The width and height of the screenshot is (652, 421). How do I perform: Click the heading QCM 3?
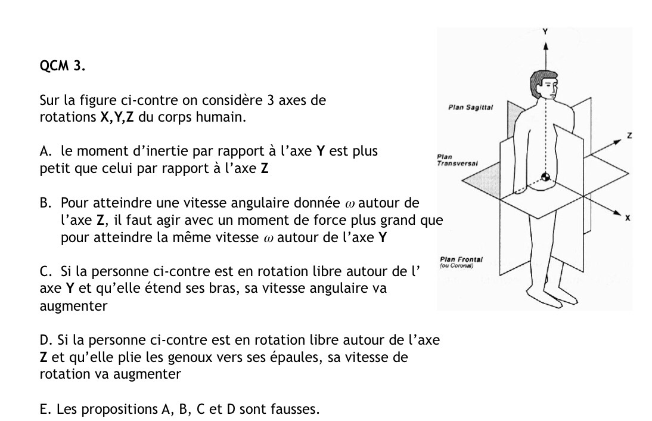tap(62, 66)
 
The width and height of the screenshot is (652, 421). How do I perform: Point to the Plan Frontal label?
tap(461, 260)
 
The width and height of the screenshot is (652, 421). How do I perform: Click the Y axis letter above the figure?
tap(545, 30)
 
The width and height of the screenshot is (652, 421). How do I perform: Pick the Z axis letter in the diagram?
tap(629, 137)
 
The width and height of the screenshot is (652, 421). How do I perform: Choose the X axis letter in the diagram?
tap(628, 219)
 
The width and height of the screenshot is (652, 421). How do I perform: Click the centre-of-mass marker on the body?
tap(544, 177)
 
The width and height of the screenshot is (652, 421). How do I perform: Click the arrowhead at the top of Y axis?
tap(545, 44)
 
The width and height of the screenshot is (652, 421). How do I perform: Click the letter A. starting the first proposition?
tap(45, 151)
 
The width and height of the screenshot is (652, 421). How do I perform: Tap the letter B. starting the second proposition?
tap(45, 203)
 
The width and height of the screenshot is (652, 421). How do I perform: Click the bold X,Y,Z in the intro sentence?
tap(117, 117)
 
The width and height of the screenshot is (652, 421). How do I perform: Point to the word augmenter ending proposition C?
tap(74, 307)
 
